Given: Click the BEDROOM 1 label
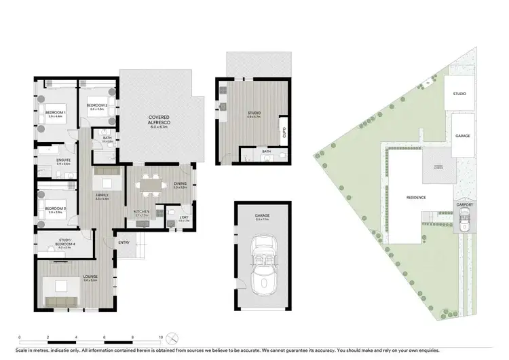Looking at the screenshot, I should (x=54, y=112).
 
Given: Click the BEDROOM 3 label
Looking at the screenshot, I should (x=55, y=209).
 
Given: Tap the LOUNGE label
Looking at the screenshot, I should (x=90, y=276).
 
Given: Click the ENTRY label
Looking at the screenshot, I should (x=124, y=242).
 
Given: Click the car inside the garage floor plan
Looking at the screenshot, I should (x=261, y=268).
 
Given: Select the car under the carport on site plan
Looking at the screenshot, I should (x=464, y=217).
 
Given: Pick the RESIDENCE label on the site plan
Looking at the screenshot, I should (x=416, y=198).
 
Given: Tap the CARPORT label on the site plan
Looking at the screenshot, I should (x=464, y=204).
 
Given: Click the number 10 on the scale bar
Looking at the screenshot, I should (x=160, y=338).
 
